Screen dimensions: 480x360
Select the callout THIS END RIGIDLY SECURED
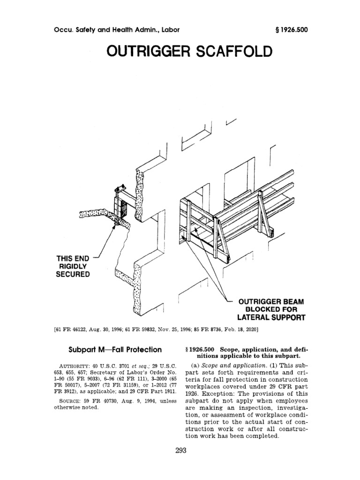(73, 266)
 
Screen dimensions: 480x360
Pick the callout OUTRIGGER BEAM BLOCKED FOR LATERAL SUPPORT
(272, 309)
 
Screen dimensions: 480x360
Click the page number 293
(180, 451)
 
